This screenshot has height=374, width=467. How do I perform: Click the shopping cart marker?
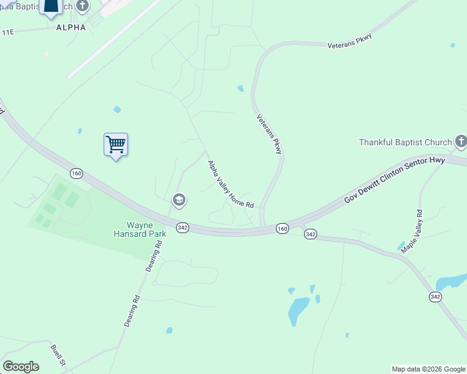pyautogui.click(x=116, y=145)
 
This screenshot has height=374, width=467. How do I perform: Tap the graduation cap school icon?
pyautogui.click(x=179, y=200)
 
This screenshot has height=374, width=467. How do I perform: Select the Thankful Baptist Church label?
pyautogui.click(x=405, y=142)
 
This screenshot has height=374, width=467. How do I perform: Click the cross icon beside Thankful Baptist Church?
pyautogui.click(x=461, y=141)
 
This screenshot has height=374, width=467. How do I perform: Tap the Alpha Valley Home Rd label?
pyautogui.click(x=230, y=185)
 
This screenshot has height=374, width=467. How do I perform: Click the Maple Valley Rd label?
pyautogui.click(x=412, y=231)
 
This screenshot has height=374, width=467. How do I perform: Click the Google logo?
pyautogui.click(x=21, y=367)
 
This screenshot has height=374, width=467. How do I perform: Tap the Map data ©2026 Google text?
pyautogui.click(x=428, y=369)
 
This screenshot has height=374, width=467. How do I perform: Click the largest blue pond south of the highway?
pyautogui.click(x=298, y=310)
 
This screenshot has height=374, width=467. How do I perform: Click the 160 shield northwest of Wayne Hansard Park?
pyautogui.click(x=76, y=173)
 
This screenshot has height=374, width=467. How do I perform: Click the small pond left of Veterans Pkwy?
pyautogui.click(x=240, y=89)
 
